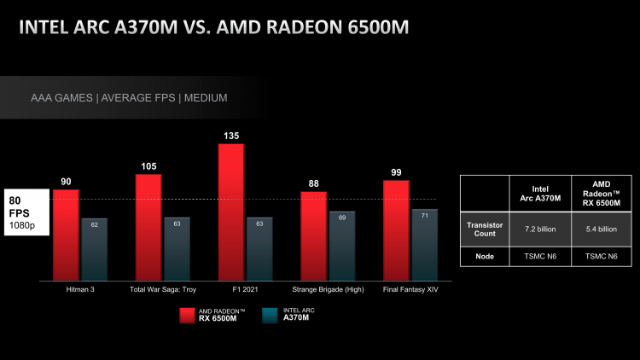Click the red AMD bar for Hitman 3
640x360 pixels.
pos(66,235)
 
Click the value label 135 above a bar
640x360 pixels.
pos(231,134)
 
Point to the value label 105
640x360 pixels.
pos(148,165)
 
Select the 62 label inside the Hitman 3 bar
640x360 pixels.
pos(95,224)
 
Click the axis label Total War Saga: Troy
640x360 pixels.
pos(163,290)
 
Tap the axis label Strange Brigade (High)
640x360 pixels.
pos(328,290)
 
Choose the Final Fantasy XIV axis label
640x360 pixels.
pos(410,290)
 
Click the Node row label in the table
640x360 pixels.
pos(485,256)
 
